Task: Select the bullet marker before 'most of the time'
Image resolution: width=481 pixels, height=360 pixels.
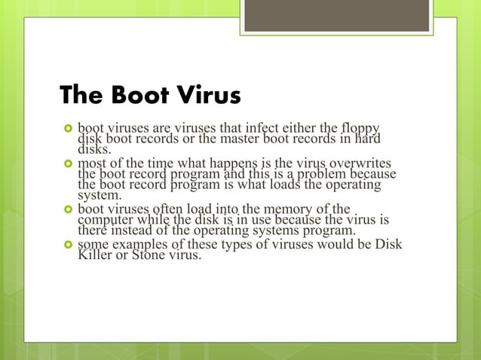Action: pos(66,165)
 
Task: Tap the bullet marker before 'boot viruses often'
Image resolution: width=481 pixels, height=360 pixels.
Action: pos(66,209)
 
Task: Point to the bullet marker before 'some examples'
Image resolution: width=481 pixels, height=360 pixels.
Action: pos(66,246)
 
